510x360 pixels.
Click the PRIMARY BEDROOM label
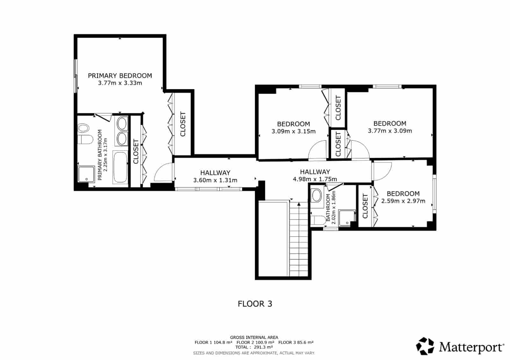click(120, 76)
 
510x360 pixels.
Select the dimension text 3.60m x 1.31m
click(215, 180)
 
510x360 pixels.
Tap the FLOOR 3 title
click(255, 304)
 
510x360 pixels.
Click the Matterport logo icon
click(425, 346)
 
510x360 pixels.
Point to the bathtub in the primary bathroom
click(120, 167)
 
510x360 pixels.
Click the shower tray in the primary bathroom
click(86, 174)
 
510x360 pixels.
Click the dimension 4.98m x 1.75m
click(315, 179)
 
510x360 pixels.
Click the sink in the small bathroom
click(317, 195)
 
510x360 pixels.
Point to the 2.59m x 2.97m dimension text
click(403, 201)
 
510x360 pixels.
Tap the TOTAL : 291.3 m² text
click(254, 347)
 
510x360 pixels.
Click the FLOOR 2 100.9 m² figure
click(255, 342)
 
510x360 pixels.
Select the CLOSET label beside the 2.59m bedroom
click(365, 206)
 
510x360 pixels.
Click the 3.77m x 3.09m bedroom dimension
click(390, 131)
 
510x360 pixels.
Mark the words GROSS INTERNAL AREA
click(254, 337)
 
